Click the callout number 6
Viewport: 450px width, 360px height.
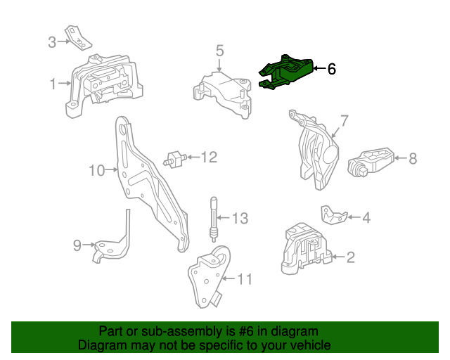(331, 69)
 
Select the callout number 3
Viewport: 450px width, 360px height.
(52, 42)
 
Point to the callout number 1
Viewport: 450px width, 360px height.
(53, 84)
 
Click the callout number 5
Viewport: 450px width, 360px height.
(219, 51)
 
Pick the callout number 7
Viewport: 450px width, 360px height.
(345, 120)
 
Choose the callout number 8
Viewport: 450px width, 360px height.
(413, 159)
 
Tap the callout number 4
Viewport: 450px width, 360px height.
(366, 218)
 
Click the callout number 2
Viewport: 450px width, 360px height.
(350, 257)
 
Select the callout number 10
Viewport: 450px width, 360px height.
(96, 169)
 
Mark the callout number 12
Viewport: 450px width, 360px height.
(210, 157)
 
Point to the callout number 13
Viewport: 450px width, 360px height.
(240, 219)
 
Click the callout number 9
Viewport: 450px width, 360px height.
(77, 245)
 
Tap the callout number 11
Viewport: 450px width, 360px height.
(243, 279)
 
